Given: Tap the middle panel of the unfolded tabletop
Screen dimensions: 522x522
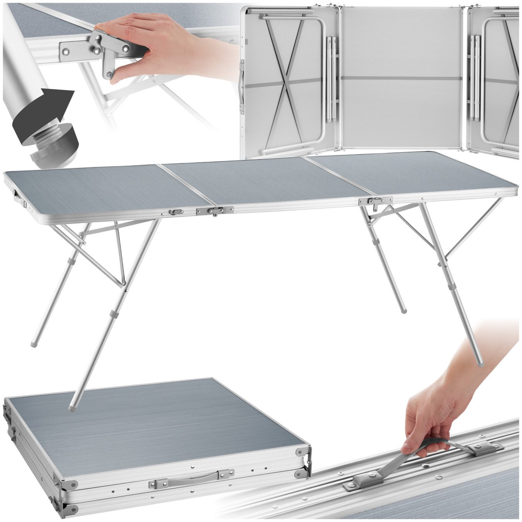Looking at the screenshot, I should tap(263, 182).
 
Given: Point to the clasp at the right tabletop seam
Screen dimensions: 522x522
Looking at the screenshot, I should tap(375, 202).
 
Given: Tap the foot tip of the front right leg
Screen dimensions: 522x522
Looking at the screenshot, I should tap(480, 364).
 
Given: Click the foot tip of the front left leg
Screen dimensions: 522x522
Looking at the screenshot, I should tap(73, 407).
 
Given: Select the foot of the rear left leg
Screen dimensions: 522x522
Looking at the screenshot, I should tap(33, 343).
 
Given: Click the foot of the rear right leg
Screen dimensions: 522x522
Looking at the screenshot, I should tap(404, 310).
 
